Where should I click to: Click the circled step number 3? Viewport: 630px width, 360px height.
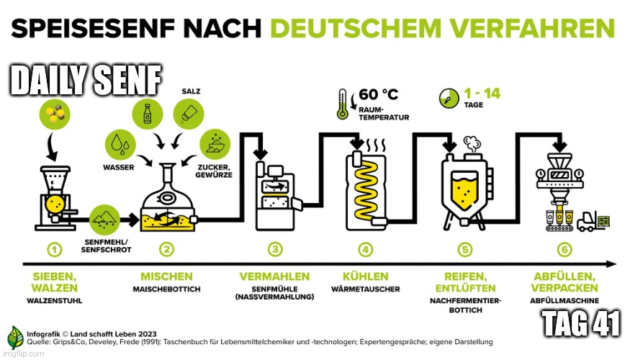275,250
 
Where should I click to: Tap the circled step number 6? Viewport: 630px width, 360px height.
564,250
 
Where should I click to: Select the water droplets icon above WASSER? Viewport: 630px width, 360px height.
120,144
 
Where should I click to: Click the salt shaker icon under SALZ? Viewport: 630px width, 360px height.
189,114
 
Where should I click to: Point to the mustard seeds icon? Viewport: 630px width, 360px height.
55,114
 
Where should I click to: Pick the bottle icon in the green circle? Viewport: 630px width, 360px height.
148,114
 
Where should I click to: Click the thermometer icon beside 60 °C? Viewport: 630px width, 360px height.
342,104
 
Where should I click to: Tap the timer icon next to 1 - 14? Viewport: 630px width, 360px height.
449,98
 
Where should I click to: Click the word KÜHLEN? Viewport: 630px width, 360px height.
366,276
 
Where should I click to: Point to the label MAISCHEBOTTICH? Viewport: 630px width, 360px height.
166,289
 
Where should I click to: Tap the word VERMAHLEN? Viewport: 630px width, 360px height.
274,276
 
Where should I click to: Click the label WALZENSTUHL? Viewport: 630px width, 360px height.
55,300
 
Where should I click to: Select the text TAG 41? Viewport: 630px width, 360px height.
581,323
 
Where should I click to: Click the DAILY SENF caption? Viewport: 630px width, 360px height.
86,80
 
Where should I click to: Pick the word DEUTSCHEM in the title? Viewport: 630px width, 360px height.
356,28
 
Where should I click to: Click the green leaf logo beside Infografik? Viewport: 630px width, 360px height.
15,338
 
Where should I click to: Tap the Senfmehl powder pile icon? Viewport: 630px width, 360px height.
104,220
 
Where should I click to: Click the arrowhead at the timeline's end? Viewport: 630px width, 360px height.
611,264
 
